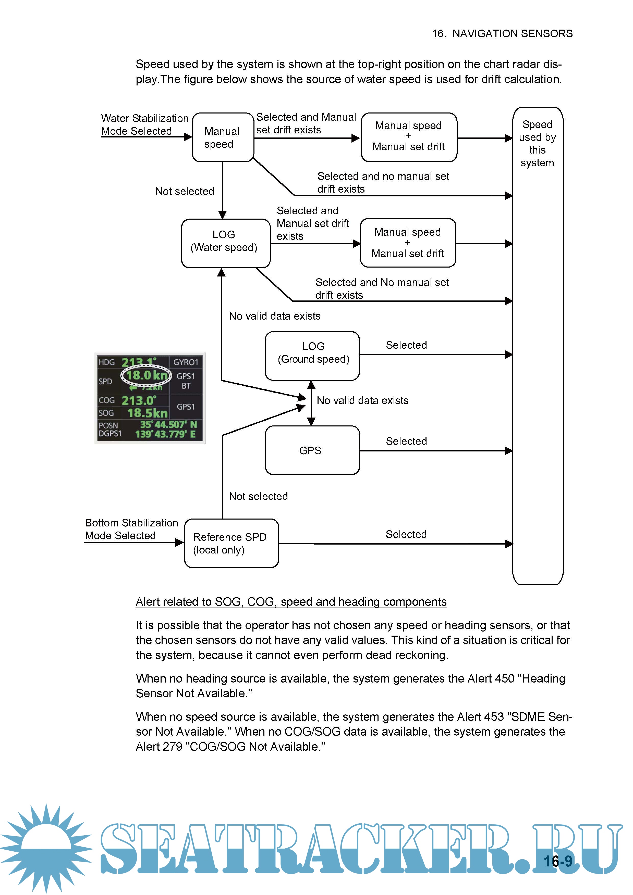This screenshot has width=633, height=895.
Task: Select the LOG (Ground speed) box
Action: tap(312, 356)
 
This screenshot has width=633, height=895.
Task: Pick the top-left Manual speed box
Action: tap(223, 137)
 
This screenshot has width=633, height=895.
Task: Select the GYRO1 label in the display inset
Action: tap(186, 362)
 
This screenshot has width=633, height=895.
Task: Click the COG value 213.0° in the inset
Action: tap(139, 400)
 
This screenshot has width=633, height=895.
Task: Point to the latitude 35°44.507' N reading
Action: tap(168, 424)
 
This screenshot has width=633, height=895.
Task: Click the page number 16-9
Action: tap(558, 861)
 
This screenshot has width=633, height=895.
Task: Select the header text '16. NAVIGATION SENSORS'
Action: tap(502, 33)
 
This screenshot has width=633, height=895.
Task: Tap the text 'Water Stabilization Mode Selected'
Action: tap(144, 125)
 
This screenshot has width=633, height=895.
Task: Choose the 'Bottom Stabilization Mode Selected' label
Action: tap(131, 529)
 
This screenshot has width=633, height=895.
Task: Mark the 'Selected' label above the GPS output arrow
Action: tap(406, 441)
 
